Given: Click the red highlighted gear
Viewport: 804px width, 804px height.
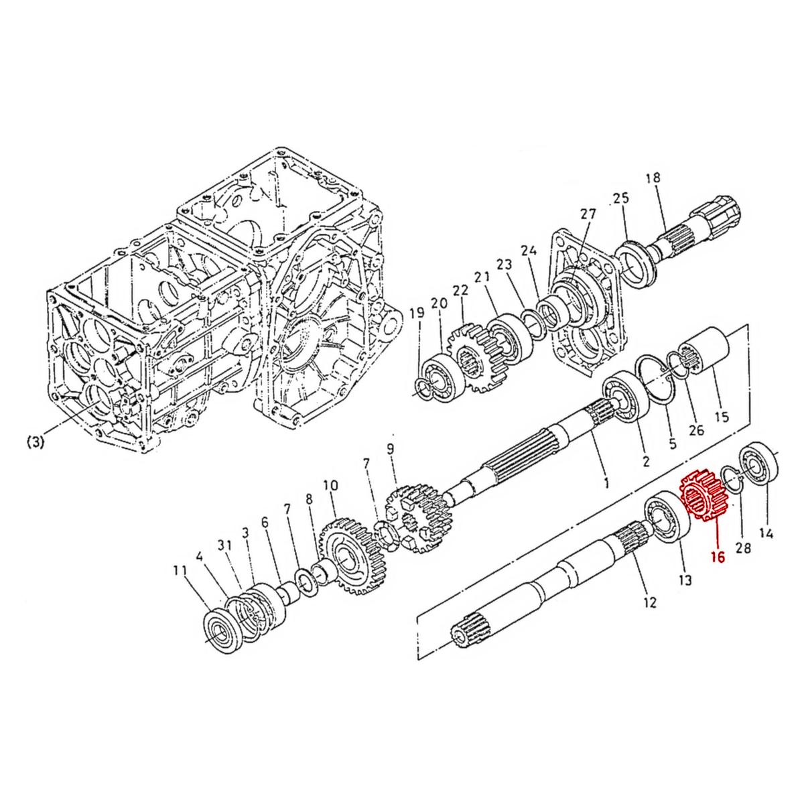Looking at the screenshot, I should click(702, 496).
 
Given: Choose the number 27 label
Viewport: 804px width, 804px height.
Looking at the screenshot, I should click(588, 214).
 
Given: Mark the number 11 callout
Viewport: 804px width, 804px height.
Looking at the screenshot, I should click(179, 571).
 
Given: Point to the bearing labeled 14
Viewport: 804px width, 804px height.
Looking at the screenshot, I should click(760, 463).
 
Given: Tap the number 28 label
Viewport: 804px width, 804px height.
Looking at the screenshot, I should click(743, 548).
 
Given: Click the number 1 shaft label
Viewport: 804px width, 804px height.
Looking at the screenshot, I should click(605, 482).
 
